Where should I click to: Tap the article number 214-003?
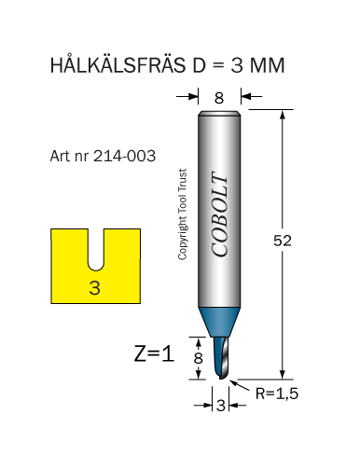[124, 156]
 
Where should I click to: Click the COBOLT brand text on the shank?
[219, 214]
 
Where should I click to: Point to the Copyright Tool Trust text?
[183, 214]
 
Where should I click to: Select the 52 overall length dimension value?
[283, 241]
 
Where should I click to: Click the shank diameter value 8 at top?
[219, 98]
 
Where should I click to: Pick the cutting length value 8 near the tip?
[198, 358]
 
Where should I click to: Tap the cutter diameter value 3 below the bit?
[221, 406]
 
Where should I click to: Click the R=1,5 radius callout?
[277, 394]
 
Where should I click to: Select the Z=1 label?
[154, 353]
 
